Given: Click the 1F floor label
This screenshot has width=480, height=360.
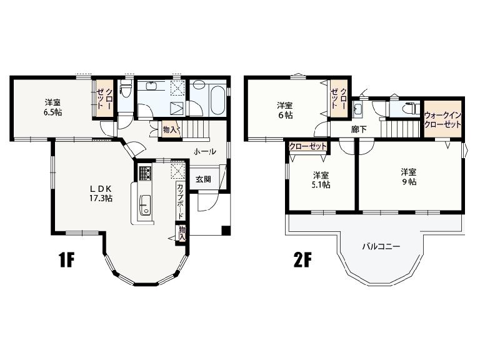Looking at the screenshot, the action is (66, 260).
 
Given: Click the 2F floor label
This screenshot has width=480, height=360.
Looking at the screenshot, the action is (302, 260).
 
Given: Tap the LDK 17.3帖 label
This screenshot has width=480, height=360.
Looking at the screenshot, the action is (101, 193).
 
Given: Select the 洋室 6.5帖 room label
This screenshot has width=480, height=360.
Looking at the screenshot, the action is (52, 107).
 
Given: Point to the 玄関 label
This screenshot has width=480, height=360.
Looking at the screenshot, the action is (203, 179).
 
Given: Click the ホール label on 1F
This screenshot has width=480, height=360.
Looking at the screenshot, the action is (205, 151).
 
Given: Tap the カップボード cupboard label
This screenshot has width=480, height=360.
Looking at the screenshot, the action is (180, 201).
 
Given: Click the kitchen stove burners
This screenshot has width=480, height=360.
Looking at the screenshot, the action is (146, 173).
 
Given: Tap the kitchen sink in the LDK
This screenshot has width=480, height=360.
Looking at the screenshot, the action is (145, 204).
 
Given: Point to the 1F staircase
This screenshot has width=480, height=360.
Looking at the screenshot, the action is (195, 129).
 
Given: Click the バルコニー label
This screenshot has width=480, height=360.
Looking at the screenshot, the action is (381, 246).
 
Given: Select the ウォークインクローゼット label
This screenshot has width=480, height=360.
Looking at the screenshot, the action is (442, 120).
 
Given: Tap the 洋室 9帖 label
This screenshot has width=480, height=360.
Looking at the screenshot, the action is (409, 177).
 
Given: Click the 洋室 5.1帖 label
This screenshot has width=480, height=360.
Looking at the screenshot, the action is (321, 180).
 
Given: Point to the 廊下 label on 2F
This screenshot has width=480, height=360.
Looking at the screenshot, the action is (359, 129).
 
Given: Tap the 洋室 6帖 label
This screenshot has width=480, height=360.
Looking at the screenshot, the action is (285, 111).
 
